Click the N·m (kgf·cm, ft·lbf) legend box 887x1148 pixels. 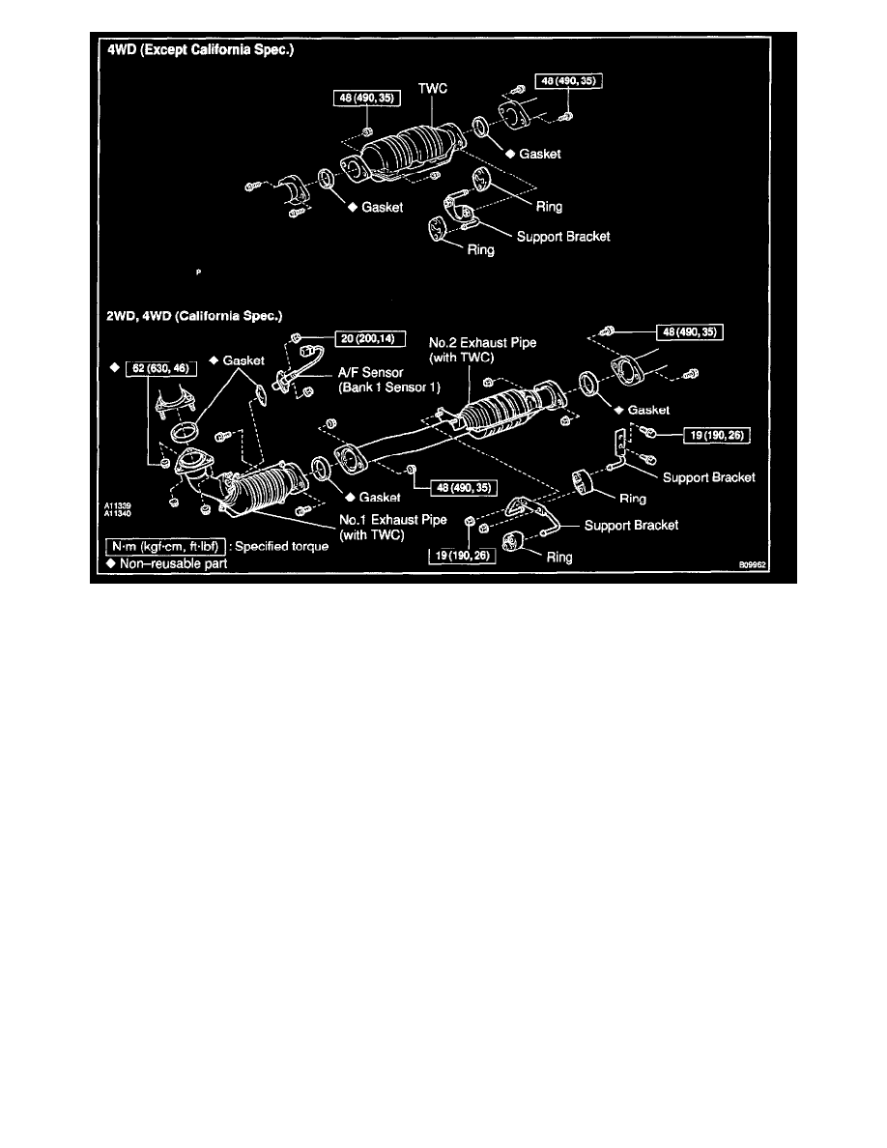click(166, 546)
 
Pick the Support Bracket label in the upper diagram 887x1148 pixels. click(562, 235)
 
